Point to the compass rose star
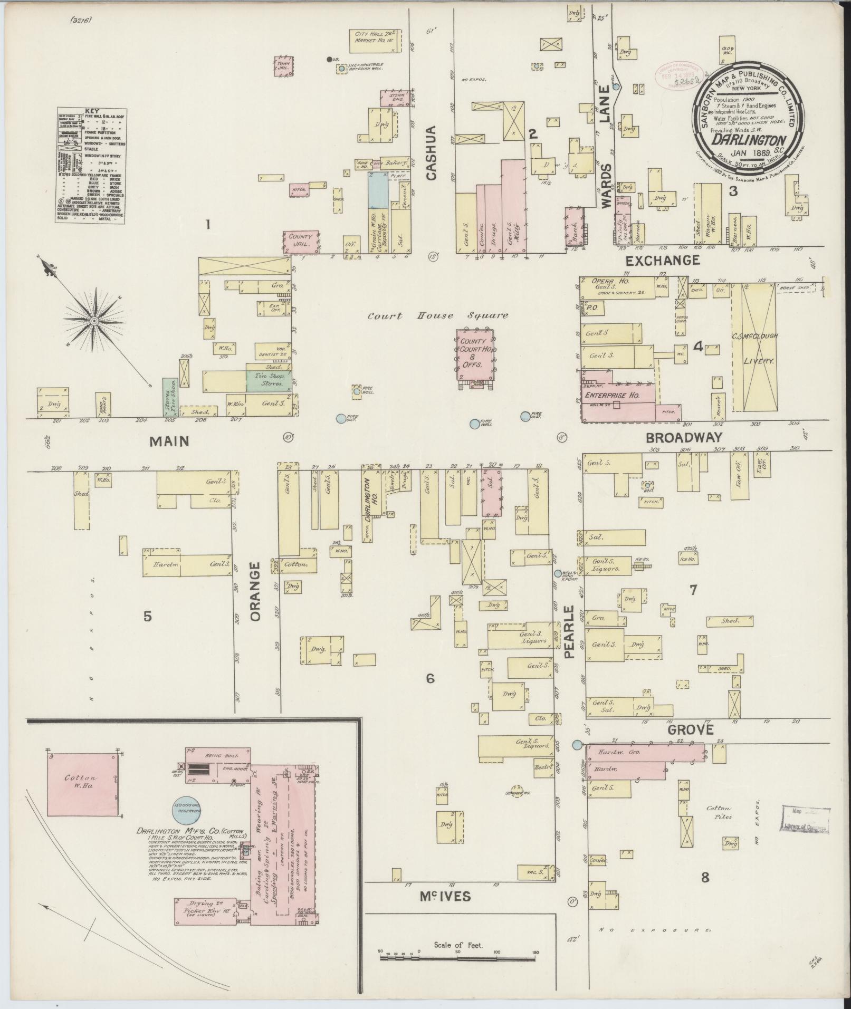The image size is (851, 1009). pos(94,320)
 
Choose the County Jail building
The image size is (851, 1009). pos(301,241)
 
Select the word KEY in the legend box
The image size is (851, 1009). pos(90,112)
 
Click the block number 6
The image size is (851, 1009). pos(430,679)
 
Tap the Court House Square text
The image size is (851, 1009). pos(438,316)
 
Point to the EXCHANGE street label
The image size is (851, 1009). pos(663,260)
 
